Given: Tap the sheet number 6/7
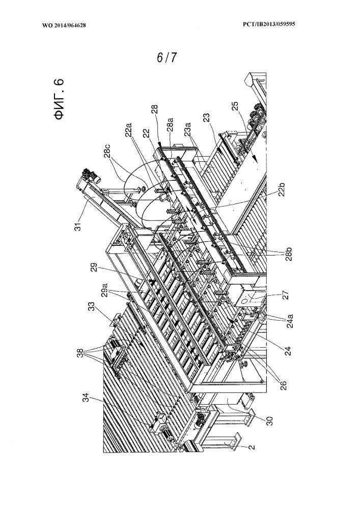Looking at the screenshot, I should tap(167, 58).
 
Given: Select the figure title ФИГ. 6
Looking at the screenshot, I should tap(60, 99).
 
